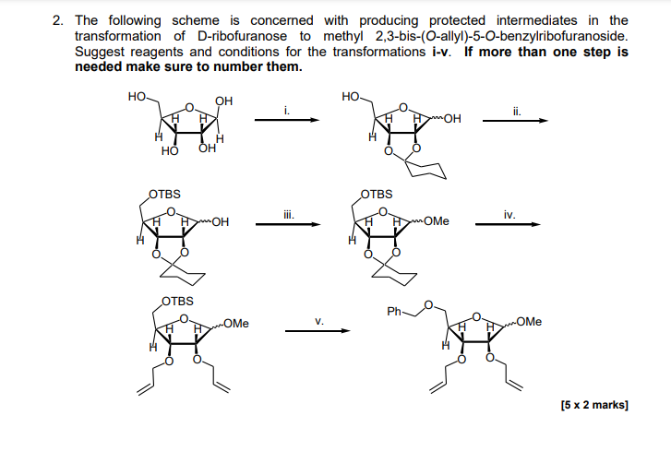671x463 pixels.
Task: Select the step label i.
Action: tap(288, 109)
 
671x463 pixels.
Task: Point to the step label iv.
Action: tap(509, 213)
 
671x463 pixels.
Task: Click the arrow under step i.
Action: tap(288, 120)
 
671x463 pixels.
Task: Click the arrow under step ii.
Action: tap(515, 120)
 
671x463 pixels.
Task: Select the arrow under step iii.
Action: tap(288, 224)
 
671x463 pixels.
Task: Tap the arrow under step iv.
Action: tap(509, 224)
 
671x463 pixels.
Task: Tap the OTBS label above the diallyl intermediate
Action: tap(178, 302)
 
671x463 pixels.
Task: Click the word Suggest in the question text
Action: tap(99, 52)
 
